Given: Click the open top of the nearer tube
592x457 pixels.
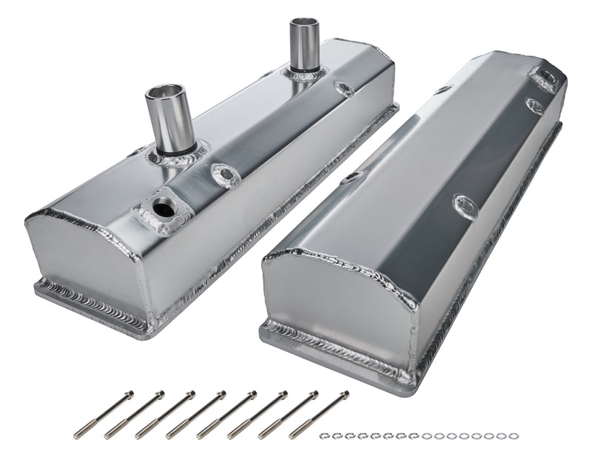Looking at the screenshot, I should point(169,96).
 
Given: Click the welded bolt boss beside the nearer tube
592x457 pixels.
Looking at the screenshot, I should point(223,175).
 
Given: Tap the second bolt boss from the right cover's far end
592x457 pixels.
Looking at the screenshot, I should point(534,106).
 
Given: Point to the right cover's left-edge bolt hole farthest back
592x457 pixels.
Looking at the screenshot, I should point(442,90).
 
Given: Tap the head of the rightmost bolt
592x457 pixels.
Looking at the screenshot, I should point(343,393).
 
